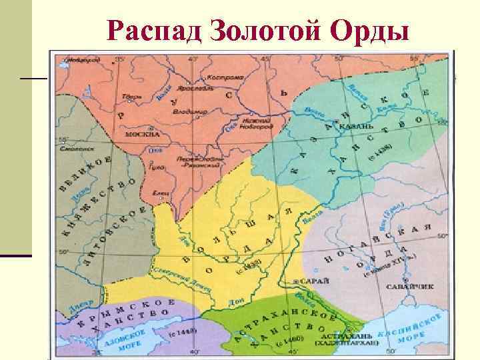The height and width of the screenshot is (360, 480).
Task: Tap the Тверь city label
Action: click(129, 97)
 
